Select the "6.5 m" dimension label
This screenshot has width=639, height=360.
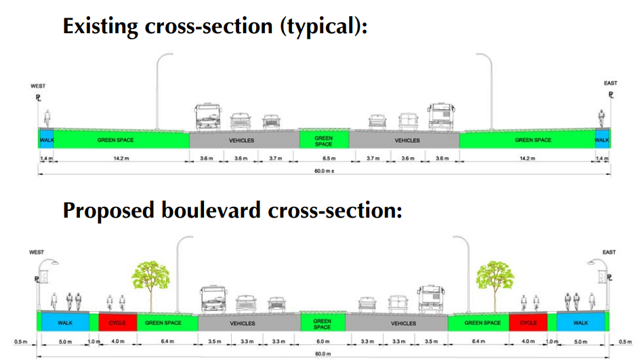[x=324, y=158]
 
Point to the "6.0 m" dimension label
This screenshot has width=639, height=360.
[x=323, y=341]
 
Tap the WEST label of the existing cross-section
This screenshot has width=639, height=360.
[x=38, y=86]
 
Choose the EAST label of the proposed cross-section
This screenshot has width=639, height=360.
[x=609, y=252]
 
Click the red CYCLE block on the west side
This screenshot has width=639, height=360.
[x=118, y=323]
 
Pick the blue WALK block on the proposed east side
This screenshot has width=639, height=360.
[x=581, y=323]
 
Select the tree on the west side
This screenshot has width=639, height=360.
[x=150, y=279]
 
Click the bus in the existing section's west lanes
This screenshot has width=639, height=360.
[x=207, y=117]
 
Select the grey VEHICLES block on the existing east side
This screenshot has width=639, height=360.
[x=407, y=140]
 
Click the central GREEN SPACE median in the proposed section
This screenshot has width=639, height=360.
[x=323, y=323]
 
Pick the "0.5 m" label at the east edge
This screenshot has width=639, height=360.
[x=624, y=341]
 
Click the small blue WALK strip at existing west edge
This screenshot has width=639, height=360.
[x=46, y=140]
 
